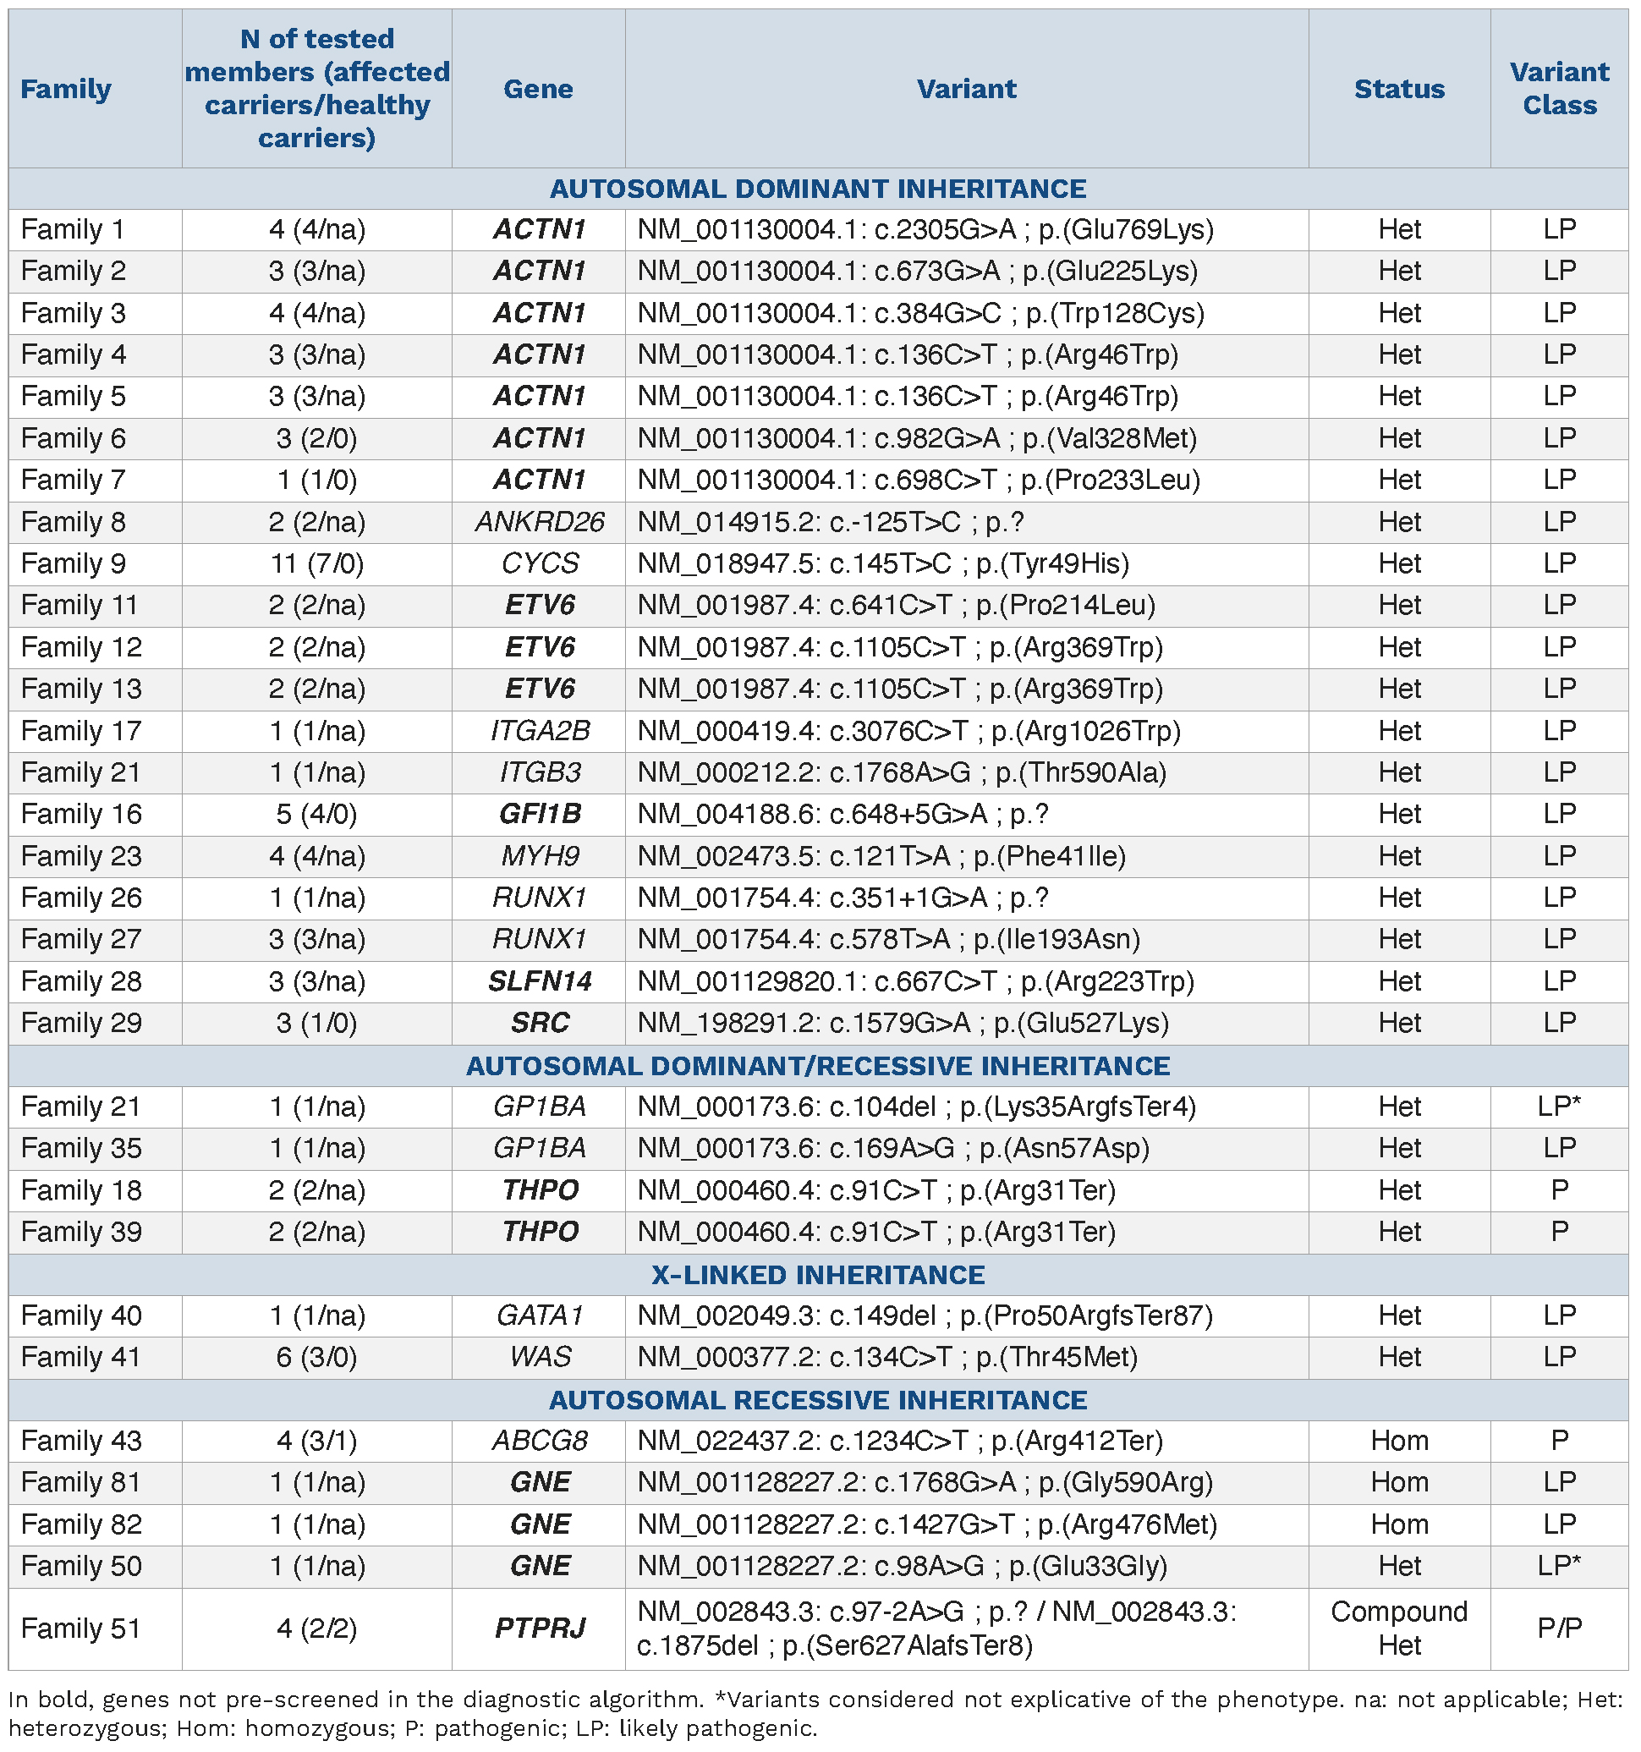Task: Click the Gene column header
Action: coord(538,89)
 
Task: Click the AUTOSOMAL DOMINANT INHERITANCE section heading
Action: coord(818,189)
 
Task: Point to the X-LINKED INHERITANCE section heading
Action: coord(818,1274)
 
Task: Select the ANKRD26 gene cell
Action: coord(540,522)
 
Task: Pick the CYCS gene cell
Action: coord(540,563)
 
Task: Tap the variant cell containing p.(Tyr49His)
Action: coord(883,563)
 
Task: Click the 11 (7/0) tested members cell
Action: coord(316,563)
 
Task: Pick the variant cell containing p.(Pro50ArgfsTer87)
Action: coord(925,1315)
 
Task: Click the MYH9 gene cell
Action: coord(540,856)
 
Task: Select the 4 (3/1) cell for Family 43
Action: coord(316,1440)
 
